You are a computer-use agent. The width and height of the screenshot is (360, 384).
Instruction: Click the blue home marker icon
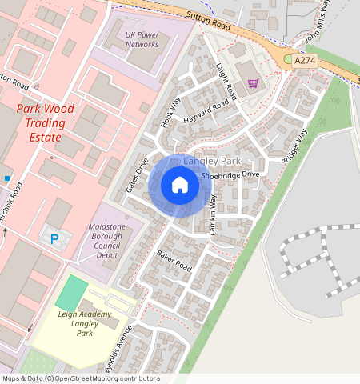pyautogui.click(x=180, y=185)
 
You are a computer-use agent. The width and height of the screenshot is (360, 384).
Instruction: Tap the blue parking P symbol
pyautogui.click(x=54, y=238)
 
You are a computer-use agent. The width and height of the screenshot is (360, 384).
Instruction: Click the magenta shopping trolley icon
pyautogui.click(x=253, y=83)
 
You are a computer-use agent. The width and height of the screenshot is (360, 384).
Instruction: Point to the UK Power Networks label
pyautogui.click(x=142, y=39)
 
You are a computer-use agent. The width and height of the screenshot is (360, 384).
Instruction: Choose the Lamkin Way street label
pyautogui.click(x=213, y=214)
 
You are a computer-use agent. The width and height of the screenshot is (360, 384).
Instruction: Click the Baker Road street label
pyautogui.click(x=174, y=259)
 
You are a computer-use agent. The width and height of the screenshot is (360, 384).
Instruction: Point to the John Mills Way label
pyautogui.click(x=318, y=24)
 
